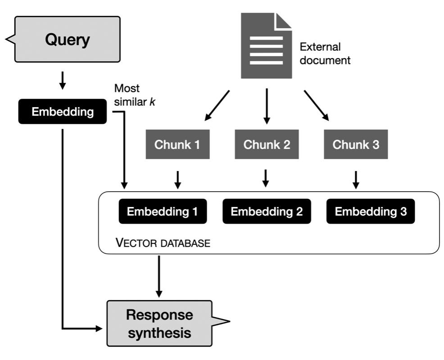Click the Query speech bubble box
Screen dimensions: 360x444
point(68,39)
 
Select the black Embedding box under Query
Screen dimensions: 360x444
point(62,112)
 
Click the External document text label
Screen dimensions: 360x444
point(325,54)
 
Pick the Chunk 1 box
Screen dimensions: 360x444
point(177,145)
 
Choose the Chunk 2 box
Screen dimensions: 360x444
point(267,145)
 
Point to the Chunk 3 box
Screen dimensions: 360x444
point(356,145)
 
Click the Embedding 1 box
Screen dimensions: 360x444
point(163,211)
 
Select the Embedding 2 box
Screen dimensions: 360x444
point(267,211)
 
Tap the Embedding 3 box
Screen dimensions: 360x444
point(370,211)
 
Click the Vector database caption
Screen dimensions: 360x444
point(163,243)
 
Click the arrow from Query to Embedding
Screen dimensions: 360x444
point(63,80)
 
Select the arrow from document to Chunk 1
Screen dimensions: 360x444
point(217,105)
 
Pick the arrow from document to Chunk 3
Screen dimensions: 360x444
point(316,105)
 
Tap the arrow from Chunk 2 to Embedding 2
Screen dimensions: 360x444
point(266,178)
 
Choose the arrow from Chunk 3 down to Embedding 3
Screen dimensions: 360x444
point(356,179)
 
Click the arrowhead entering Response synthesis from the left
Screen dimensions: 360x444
point(99,328)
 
